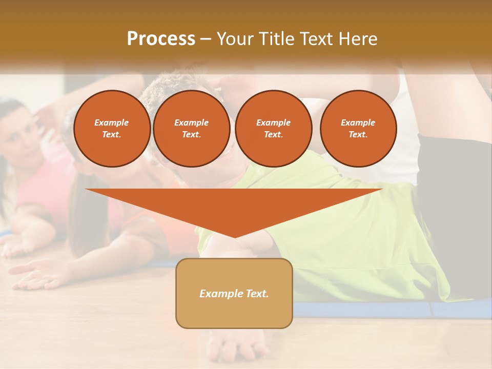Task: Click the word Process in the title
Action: (x=161, y=39)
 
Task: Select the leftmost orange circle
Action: (x=112, y=129)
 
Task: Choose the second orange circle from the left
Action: (x=192, y=129)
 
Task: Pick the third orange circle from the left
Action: (x=274, y=129)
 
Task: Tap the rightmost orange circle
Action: (x=358, y=129)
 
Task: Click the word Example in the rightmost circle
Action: (x=358, y=122)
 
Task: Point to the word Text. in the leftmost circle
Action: (x=112, y=135)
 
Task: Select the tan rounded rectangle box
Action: (x=234, y=293)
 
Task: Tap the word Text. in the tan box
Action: (x=258, y=294)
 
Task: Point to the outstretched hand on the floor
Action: (x=36, y=274)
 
